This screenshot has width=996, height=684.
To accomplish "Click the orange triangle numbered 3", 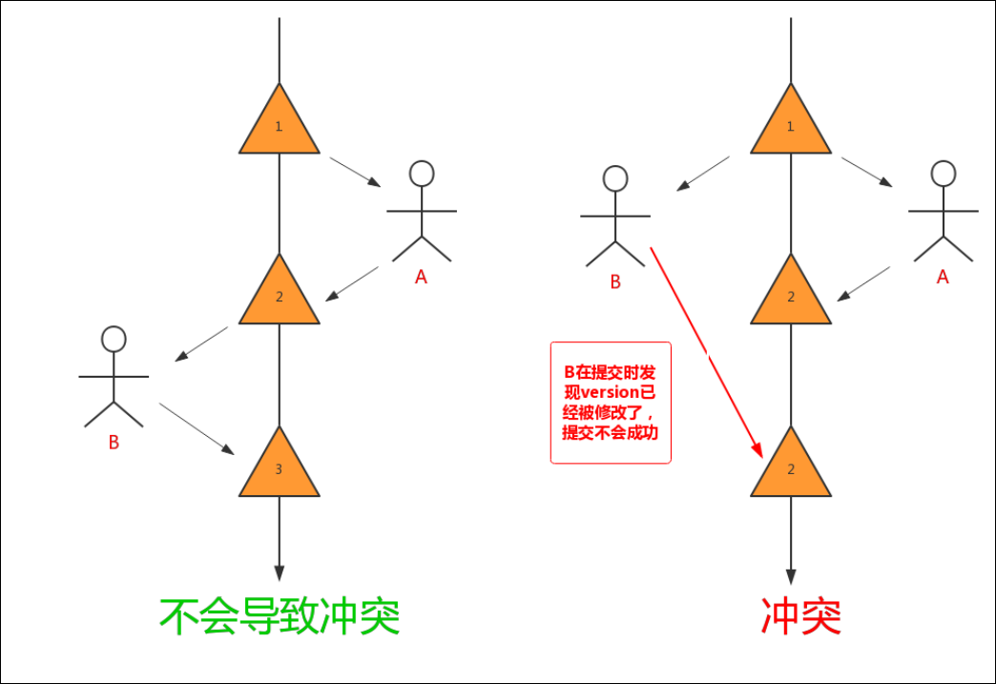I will (x=279, y=467).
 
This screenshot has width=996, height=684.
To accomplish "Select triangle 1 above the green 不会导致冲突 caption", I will (x=279, y=125).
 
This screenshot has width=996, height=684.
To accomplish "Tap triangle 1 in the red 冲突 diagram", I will (x=790, y=125).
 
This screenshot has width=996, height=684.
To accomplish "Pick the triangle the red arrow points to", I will (x=790, y=467).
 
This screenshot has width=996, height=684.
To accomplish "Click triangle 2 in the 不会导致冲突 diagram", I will (x=279, y=296).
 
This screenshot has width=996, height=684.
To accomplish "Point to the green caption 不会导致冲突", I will (x=279, y=617).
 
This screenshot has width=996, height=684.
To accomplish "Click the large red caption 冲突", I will (x=800, y=617).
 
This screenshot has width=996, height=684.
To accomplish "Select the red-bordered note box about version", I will (x=611, y=403).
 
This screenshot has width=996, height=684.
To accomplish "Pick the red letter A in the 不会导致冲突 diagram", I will (x=421, y=277).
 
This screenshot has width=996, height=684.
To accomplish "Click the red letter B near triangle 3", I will (x=114, y=443).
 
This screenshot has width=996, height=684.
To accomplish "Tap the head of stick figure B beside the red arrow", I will (x=615, y=178).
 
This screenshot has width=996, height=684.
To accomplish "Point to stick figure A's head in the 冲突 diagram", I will (x=944, y=173).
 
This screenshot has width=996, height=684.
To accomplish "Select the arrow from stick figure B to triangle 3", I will (x=196, y=427).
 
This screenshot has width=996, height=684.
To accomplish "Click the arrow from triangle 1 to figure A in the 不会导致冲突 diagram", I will (x=356, y=172).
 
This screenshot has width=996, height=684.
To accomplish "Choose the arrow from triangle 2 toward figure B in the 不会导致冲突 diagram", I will (x=202, y=344).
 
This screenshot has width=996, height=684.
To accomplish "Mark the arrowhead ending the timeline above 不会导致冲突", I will (x=279, y=572).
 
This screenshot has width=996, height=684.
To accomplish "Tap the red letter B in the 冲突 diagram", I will (x=615, y=281).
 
